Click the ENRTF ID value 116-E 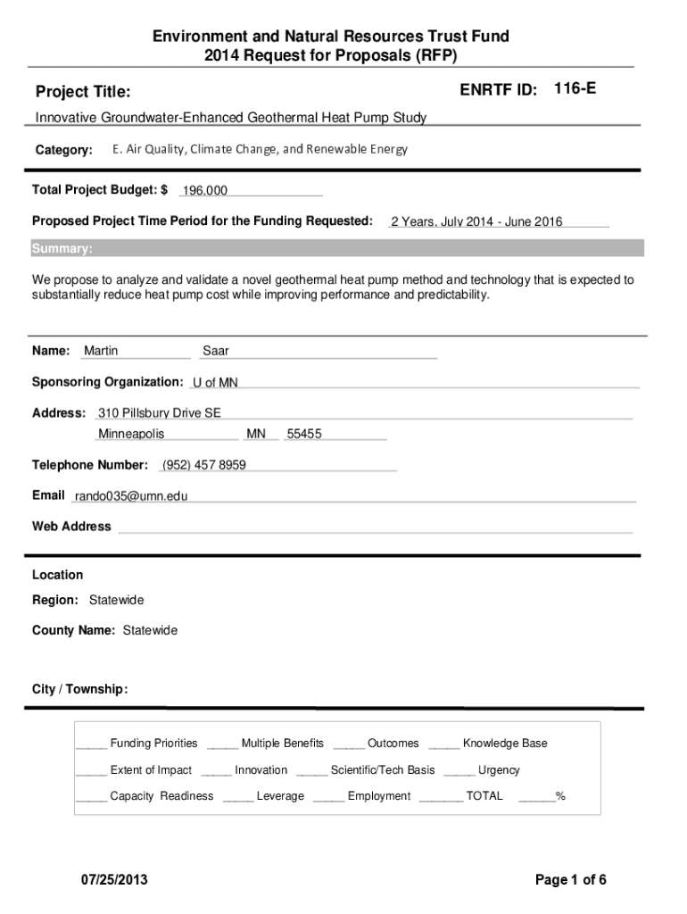pos(575,88)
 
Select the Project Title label pos(82,92)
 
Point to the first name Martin pos(101,351)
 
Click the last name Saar pos(216,351)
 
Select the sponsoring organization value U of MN pos(215,383)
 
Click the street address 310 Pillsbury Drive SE pos(160,412)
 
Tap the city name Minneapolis pos(131,434)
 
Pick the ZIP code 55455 pos(304,434)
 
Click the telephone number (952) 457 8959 pos(204,465)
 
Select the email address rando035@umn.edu pos(131,495)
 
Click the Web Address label pos(71,527)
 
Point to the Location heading pos(57,575)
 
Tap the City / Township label pos(79,689)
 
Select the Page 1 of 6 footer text pos(571,880)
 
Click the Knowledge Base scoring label pos(505,744)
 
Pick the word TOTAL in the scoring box pos(484,796)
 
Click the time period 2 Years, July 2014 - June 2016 pos(476,221)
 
